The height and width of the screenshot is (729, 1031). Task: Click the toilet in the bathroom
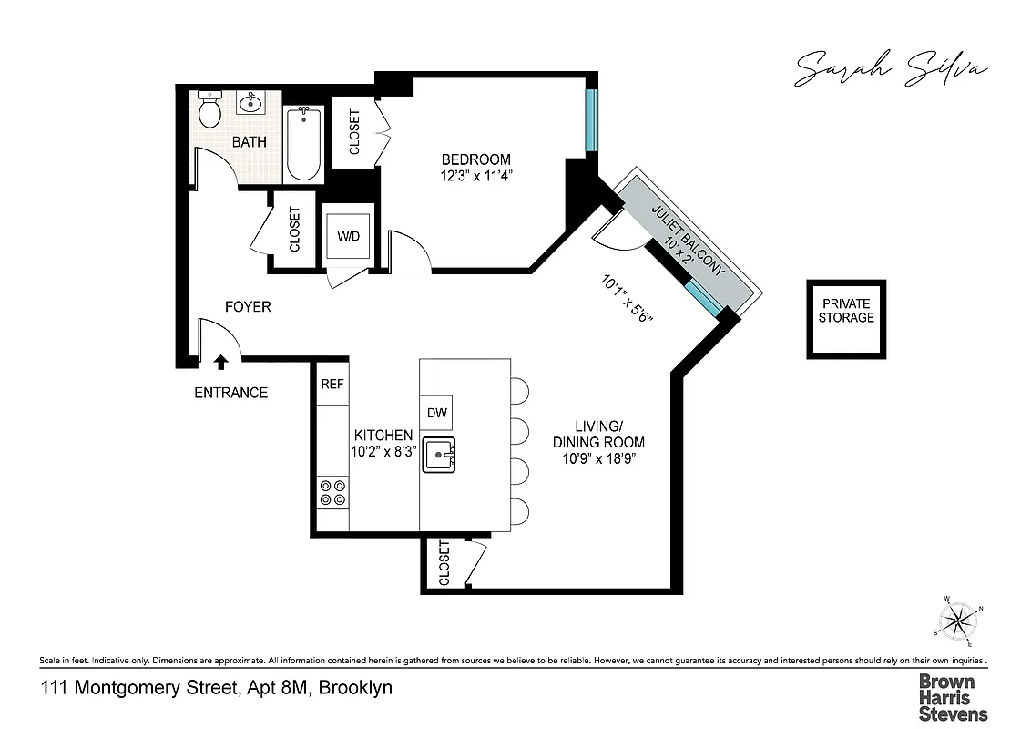[209, 110]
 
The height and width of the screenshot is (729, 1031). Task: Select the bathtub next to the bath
[303, 144]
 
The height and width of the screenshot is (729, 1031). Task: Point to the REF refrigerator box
[332, 385]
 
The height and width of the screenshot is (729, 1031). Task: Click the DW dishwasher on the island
[436, 413]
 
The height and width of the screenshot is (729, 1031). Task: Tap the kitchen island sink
[442, 452]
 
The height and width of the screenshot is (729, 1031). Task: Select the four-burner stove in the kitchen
[332, 493]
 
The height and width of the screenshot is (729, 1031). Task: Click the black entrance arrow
[220, 362]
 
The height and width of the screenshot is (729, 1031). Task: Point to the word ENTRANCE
[230, 393]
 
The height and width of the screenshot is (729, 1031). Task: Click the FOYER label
[248, 307]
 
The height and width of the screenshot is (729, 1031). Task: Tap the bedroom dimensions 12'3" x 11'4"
[476, 177]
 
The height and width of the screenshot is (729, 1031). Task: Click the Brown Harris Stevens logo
[952, 697]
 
